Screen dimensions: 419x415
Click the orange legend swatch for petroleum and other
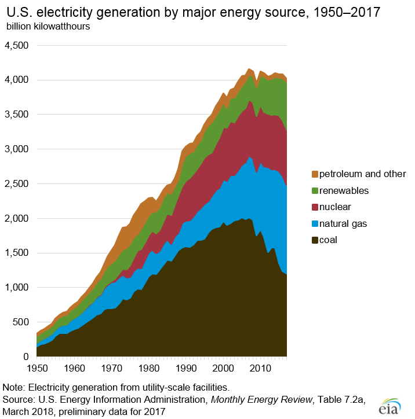click(x=315, y=174)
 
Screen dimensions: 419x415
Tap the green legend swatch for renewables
click(x=315, y=190)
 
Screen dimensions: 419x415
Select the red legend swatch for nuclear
click(x=315, y=207)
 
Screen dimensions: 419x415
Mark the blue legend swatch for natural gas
click(x=315, y=223)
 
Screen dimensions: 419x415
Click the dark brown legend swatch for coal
click(x=315, y=239)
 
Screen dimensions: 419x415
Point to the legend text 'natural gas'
click(x=346, y=223)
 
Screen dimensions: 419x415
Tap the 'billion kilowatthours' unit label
click(x=48, y=27)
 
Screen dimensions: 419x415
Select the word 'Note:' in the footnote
click(x=14, y=387)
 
